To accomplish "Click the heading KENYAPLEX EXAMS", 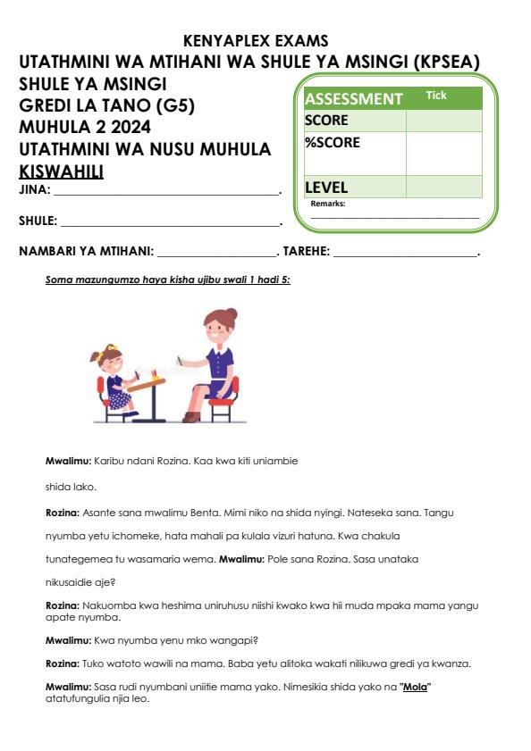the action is [x=256, y=41].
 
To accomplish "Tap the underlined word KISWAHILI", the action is [x=61, y=170].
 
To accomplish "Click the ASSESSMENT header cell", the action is [x=354, y=99].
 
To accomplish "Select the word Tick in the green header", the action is [x=436, y=95].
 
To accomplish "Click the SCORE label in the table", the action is [x=326, y=121].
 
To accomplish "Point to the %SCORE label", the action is [x=332, y=142].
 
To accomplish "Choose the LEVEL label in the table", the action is [x=326, y=188].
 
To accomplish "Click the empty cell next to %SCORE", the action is [x=443, y=153].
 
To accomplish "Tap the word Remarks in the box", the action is [x=328, y=204].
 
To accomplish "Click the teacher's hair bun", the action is [x=232, y=315].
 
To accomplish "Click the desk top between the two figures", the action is [x=148, y=381].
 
